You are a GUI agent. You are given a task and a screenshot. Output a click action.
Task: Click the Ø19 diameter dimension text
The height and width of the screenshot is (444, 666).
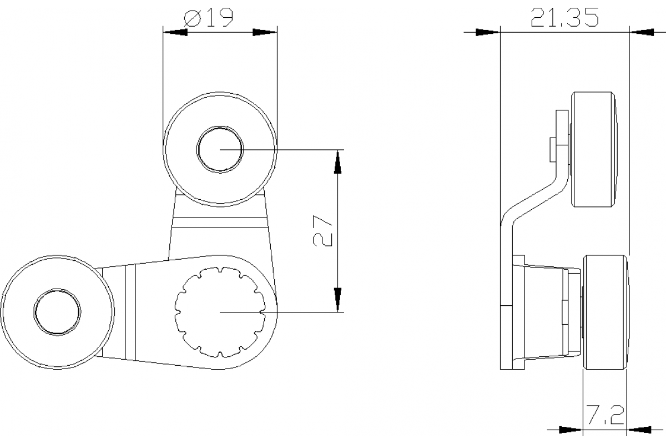(x=208, y=18)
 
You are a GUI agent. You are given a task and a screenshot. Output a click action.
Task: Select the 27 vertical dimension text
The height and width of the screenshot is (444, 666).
(x=322, y=230)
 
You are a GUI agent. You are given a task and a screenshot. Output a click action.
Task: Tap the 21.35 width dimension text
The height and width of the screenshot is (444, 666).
(x=564, y=18)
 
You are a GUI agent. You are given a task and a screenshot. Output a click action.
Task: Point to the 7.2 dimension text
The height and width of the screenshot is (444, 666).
(x=606, y=415)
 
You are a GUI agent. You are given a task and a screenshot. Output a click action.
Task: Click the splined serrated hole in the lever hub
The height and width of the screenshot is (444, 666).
(x=220, y=312)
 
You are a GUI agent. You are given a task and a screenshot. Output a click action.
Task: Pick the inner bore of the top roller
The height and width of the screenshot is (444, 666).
(x=220, y=150)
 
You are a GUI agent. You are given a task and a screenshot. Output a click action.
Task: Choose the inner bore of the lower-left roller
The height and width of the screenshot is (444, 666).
(x=57, y=312)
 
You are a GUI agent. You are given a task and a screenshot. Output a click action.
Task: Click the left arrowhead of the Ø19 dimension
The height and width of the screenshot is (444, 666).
(x=175, y=32)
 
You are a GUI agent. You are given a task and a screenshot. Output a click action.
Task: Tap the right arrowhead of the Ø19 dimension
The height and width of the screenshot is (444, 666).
(x=265, y=32)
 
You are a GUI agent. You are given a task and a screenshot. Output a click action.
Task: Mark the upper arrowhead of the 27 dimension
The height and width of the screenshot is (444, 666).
(x=337, y=162)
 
